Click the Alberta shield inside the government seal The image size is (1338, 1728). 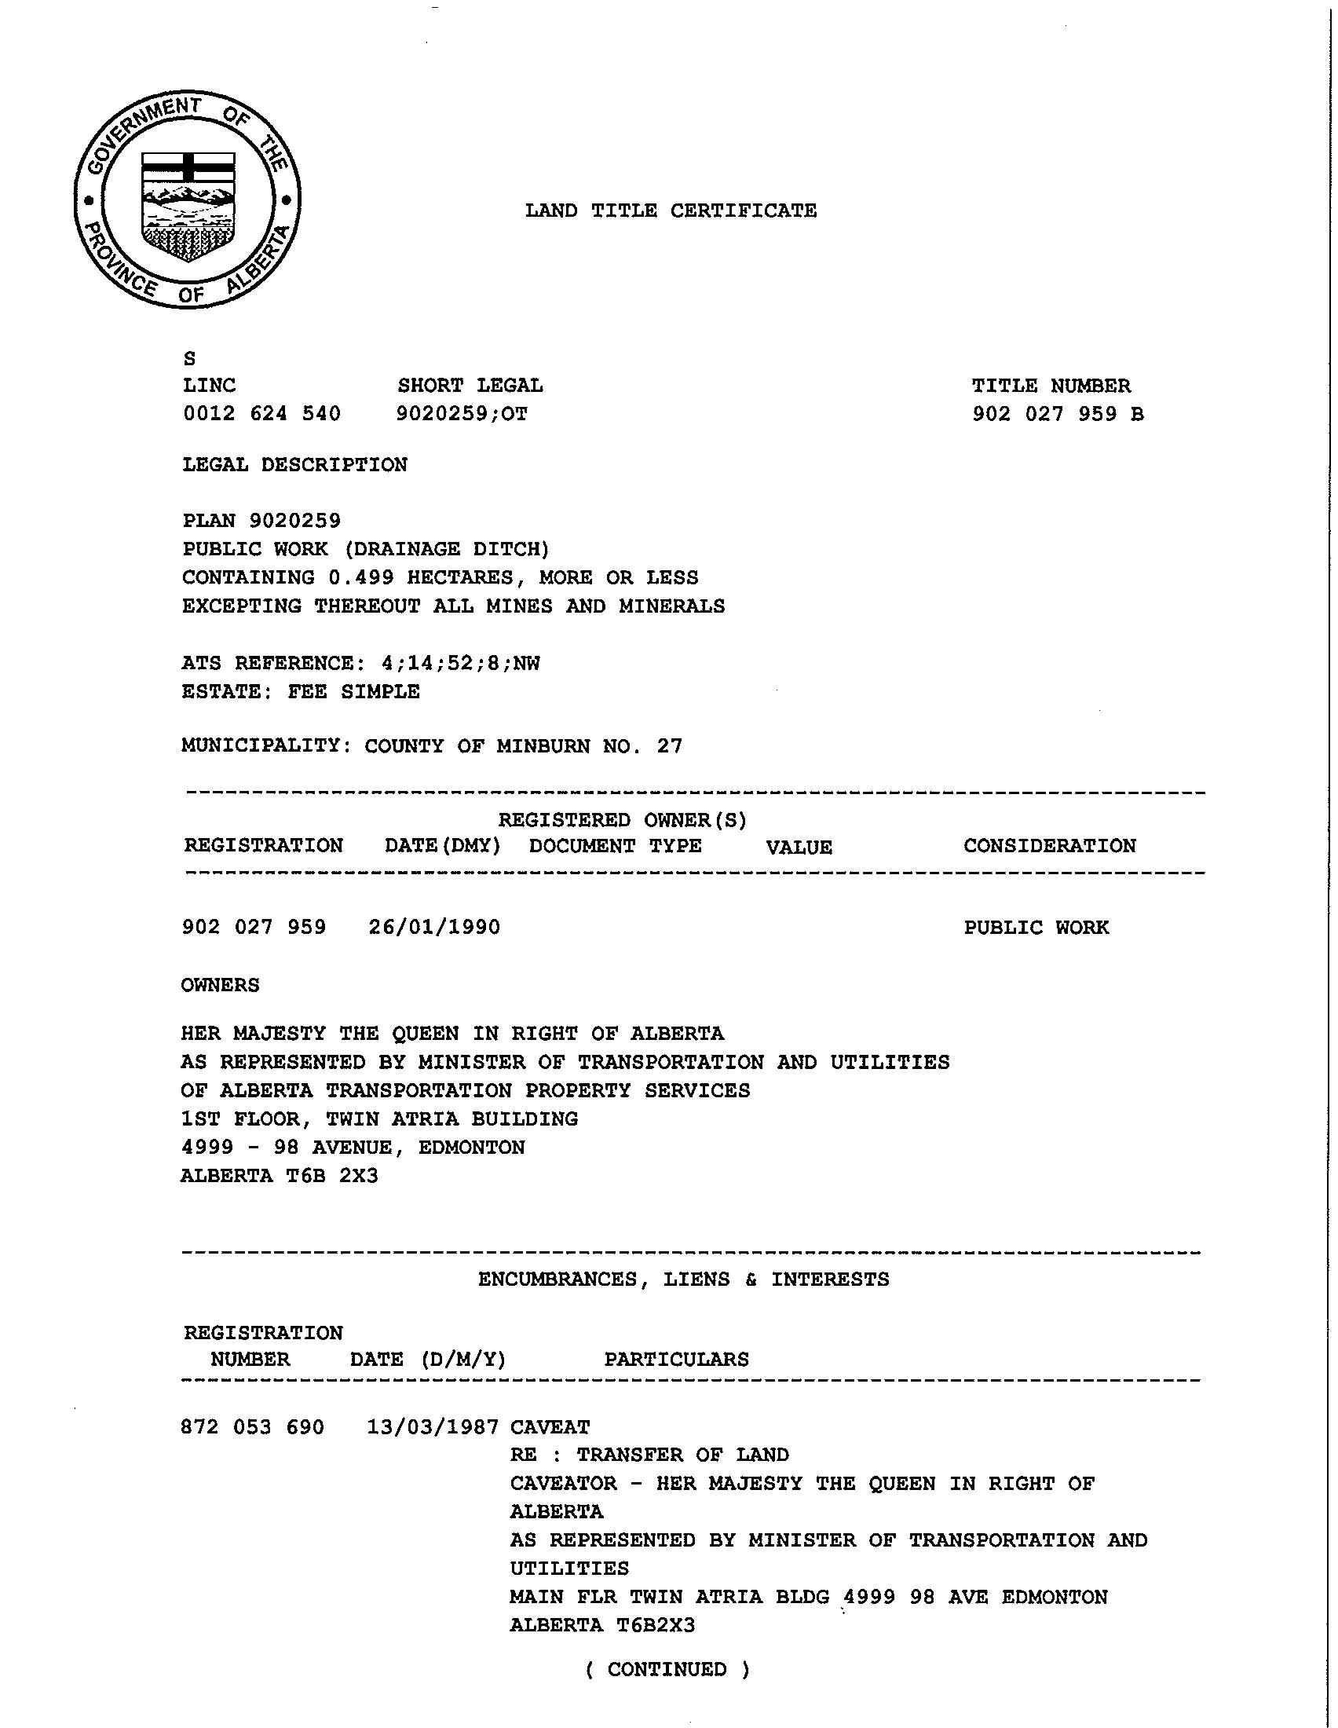pos(188,207)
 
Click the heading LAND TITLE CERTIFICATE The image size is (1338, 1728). pos(671,211)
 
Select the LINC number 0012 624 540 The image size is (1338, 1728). pos(261,414)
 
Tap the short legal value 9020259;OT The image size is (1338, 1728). pos(462,414)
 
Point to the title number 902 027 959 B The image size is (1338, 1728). pos(1057,414)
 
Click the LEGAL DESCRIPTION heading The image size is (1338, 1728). pos(295,464)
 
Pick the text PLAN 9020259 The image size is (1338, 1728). pos(261,521)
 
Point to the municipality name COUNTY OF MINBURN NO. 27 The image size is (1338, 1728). pos(523,746)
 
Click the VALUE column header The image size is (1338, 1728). pos(799,848)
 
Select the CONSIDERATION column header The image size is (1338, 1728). pos(1049,846)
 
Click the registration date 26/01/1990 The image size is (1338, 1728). pos(434,928)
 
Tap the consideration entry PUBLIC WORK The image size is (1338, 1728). pos(1036,928)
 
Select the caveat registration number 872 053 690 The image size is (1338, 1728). pos(252,1427)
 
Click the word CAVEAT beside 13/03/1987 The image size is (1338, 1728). pos(550,1427)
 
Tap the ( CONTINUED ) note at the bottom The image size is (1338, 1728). pos(667,1669)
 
